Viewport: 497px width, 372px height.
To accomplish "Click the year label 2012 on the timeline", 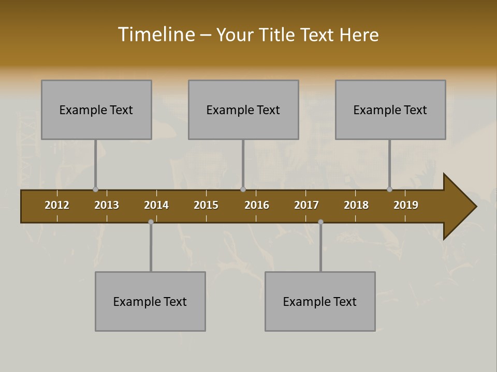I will click(57, 205).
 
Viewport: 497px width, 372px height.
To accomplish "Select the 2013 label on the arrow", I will click(107, 205).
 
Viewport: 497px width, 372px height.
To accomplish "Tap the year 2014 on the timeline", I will click(156, 205).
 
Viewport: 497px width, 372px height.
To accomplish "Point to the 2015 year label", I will click(206, 205).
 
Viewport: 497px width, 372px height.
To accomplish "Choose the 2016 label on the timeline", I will click(257, 205).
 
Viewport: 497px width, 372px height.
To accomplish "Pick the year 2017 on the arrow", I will click(306, 205).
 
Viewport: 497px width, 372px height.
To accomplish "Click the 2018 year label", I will click(356, 205).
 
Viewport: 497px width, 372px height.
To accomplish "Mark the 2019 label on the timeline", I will click(406, 205).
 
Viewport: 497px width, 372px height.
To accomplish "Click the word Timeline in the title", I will click(156, 35).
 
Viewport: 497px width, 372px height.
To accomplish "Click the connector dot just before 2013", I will click(95, 190).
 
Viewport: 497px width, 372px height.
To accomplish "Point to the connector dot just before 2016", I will click(243, 190).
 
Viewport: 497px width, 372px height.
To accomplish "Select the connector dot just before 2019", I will click(389, 190).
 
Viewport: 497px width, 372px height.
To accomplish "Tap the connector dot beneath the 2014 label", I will click(151, 222).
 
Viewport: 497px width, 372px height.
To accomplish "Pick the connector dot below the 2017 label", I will click(320, 222).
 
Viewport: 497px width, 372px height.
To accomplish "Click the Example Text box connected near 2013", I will click(96, 110).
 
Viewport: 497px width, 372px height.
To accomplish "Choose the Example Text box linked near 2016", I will click(243, 110).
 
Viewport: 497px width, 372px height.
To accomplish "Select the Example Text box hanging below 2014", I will click(150, 301).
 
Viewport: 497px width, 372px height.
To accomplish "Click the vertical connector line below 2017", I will click(320, 248).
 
